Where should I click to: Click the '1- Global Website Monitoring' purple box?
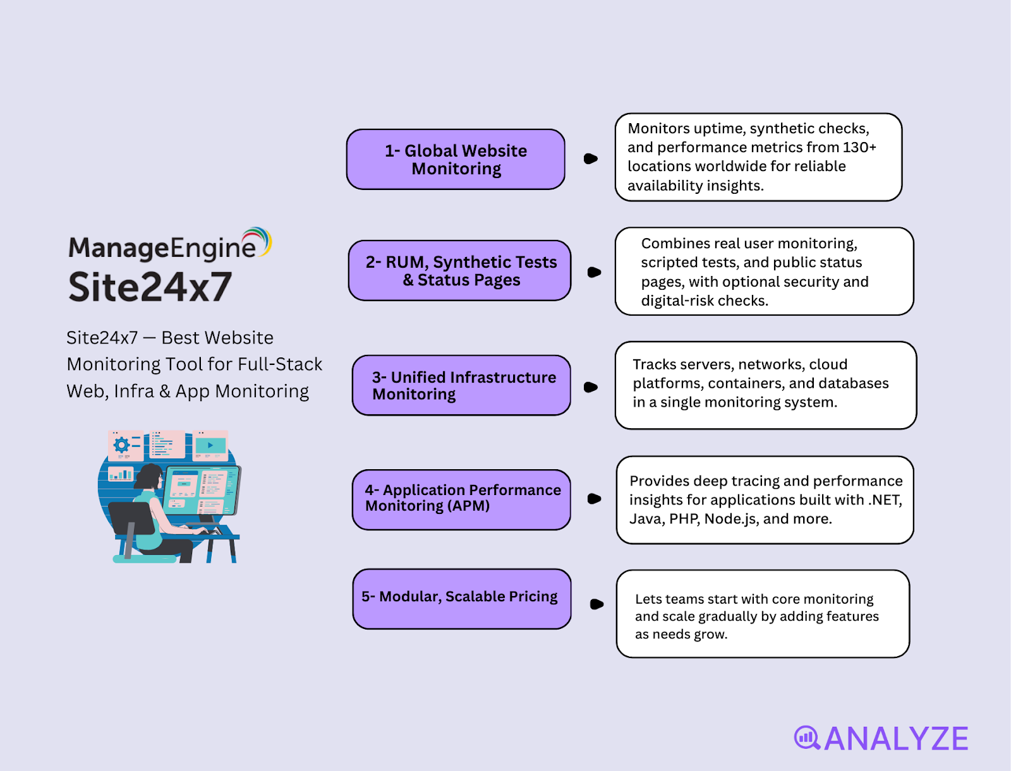[456, 159]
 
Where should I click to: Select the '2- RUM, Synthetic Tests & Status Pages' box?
[460, 270]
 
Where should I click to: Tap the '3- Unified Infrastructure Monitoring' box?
[461, 385]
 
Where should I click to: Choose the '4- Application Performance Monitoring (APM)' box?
[461, 499]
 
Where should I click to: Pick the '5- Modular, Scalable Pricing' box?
[461, 598]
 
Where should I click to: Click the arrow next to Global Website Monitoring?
[591, 158]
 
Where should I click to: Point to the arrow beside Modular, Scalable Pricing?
[596, 604]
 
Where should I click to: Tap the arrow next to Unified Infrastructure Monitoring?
[591, 387]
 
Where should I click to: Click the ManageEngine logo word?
[162, 248]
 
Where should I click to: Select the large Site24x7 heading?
[150, 287]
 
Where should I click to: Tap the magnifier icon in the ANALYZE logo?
[806, 737]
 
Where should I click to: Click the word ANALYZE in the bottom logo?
[896, 739]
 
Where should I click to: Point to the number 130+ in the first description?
[859, 147]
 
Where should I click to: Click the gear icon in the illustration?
[121, 445]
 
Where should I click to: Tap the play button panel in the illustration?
[210, 445]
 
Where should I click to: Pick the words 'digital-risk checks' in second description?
[704, 301]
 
